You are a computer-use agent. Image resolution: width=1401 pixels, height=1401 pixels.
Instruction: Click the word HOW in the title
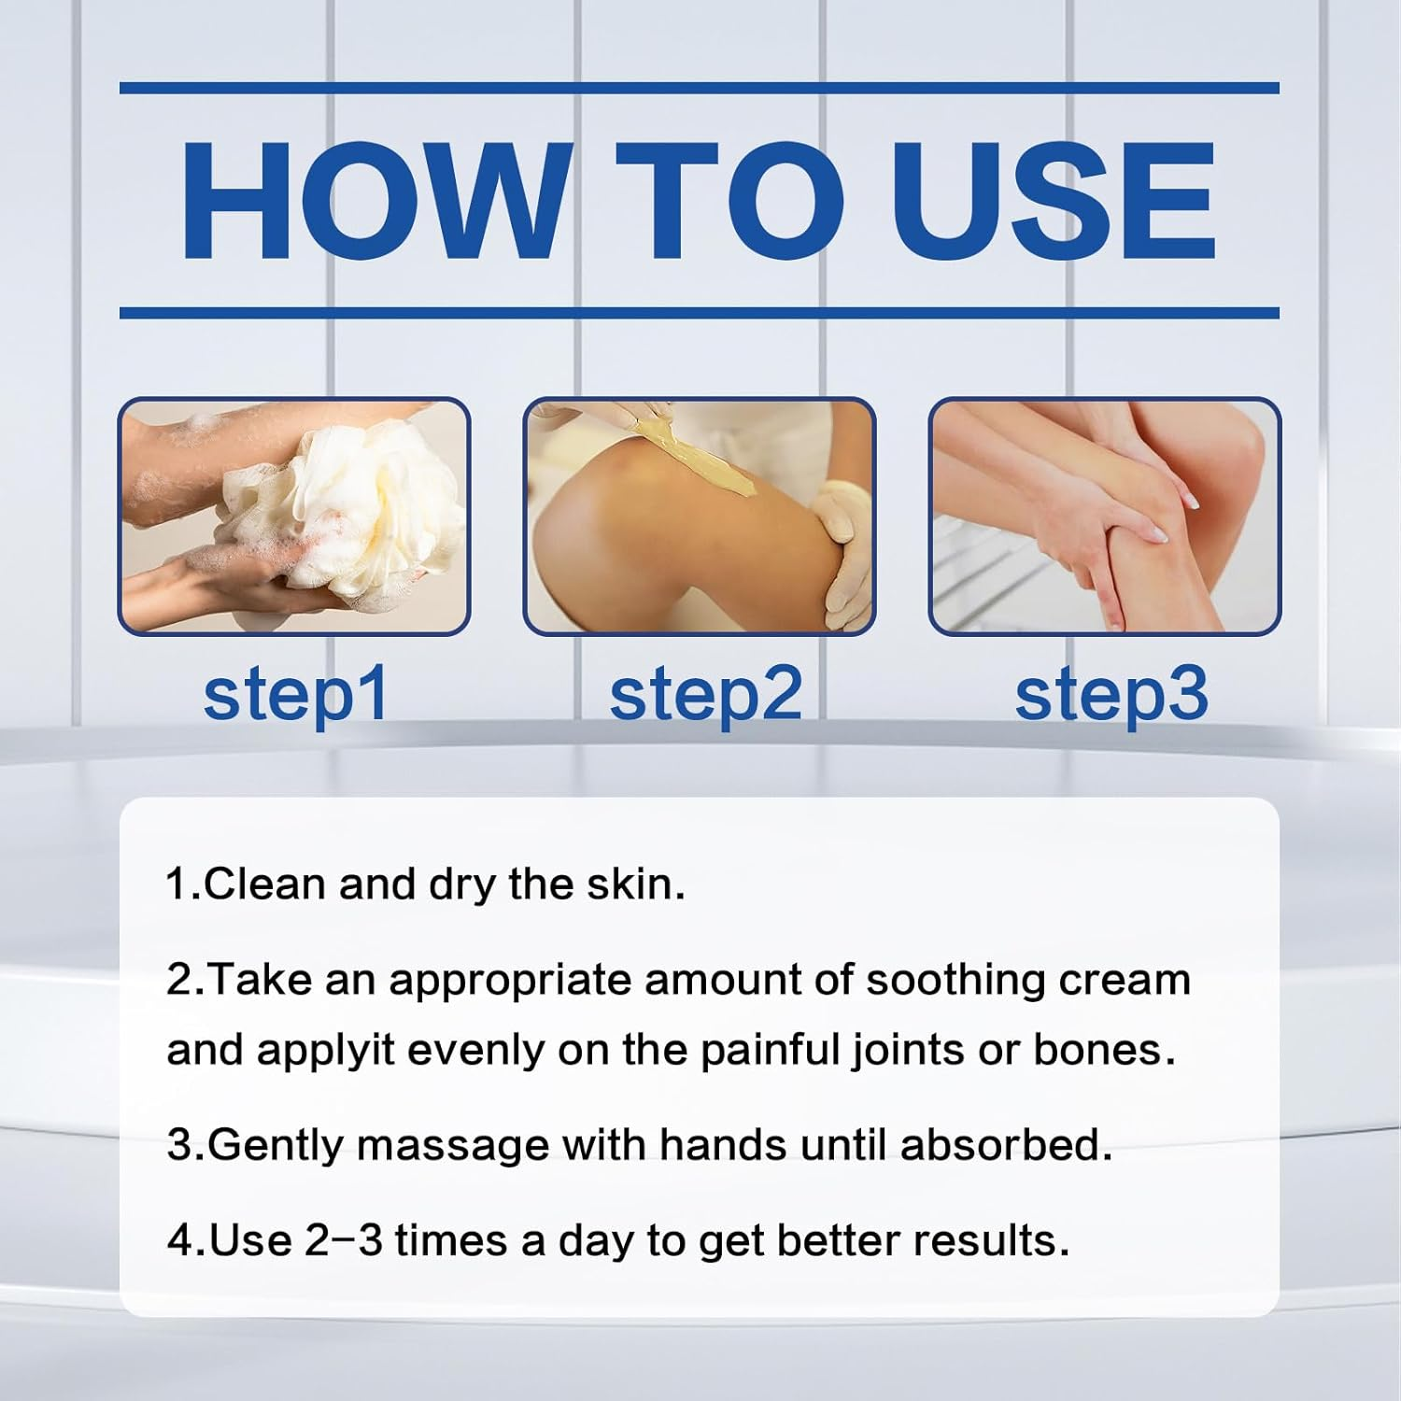coord(374,201)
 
